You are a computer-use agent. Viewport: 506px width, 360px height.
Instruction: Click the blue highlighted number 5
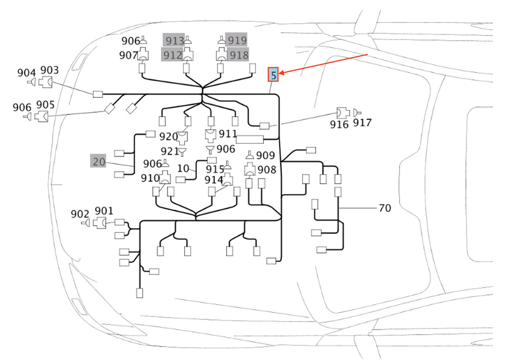click(273, 75)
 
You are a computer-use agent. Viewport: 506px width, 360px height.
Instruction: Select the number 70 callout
click(385, 208)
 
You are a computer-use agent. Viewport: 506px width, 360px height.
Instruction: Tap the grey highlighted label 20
click(99, 162)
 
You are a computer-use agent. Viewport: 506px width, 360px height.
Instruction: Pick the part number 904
click(26, 73)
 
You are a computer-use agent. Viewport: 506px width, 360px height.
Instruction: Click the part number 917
click(362, 123)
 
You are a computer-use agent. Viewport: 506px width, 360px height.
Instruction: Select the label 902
click(80, 214)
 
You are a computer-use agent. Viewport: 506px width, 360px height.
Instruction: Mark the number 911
click(228, 134)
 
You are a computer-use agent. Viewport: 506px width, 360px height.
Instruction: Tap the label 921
click(169, 151)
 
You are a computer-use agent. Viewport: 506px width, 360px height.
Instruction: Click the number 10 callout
click(183, 168)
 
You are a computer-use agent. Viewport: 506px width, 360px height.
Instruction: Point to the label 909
click(265, 156)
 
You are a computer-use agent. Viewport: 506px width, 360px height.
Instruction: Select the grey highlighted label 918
click(238, 55)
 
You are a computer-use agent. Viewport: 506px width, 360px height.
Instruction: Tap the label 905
click(46, 104)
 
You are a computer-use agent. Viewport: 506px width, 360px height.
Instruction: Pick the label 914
click(214, 180)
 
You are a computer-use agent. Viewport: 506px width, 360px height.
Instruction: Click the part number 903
click(50, 70)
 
